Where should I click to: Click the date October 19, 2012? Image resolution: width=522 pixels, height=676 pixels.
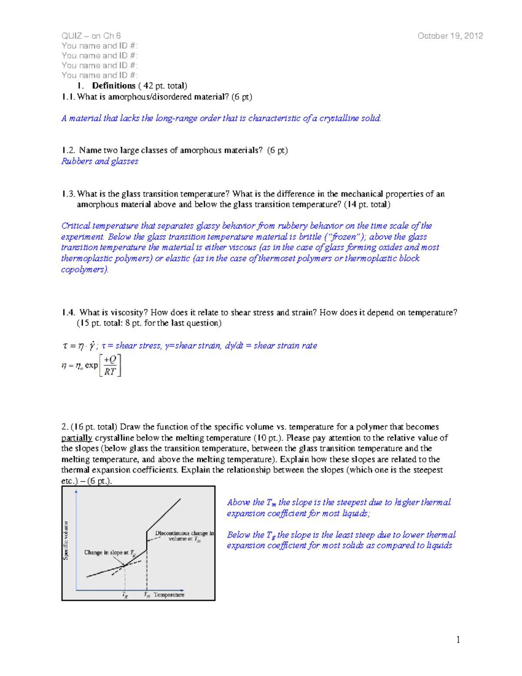click(450, 36)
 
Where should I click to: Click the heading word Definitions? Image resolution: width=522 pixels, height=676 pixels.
click(114, 86)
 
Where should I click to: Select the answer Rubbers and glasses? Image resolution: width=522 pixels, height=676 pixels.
click(100, 161)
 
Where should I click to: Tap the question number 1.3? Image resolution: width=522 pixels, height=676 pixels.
click(68, 194)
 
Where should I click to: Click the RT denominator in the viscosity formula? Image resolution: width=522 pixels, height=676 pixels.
click(110, 371)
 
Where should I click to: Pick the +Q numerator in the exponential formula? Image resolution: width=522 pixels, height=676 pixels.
click(110, 360)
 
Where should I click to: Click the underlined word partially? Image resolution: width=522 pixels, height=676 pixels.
click(77, 438)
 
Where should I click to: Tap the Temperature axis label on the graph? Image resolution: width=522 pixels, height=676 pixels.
click(169, 595)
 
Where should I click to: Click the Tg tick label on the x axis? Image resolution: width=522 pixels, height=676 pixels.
click(125, 595)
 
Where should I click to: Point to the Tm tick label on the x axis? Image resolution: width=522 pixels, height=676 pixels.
click(147, 595)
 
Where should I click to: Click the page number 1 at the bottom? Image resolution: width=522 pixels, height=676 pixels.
click(458, 639)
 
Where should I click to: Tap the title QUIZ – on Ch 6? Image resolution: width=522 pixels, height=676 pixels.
click(91, 36)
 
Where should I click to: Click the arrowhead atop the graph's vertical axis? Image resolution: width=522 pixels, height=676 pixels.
click(77, 491)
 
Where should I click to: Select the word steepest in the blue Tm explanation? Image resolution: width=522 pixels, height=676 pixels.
click(352, 502)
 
